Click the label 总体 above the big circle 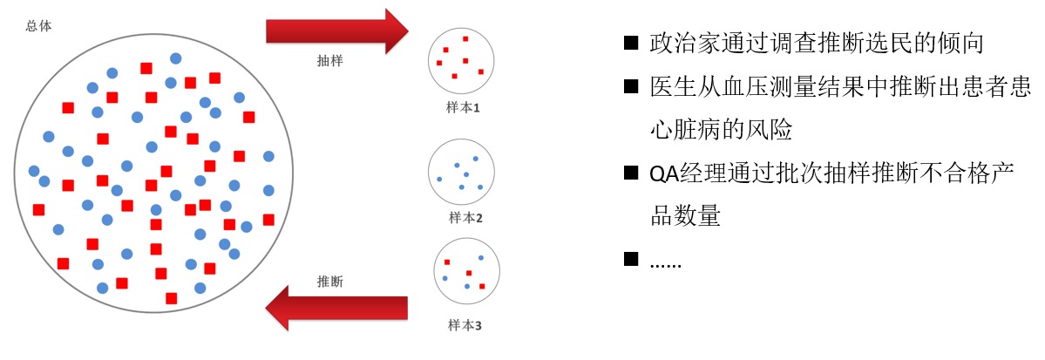pos(39,26)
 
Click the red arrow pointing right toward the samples pos(336,31)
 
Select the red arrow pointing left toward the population pos(336,308)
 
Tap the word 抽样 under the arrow pos(329,63)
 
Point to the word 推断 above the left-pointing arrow pos(329,282)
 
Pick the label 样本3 pos(465,325)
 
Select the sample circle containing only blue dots pos(461,172)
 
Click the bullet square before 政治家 pos(631,43)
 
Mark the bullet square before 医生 pos(631,86)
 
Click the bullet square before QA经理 pos(631,173)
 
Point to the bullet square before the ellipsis pos(631,259)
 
